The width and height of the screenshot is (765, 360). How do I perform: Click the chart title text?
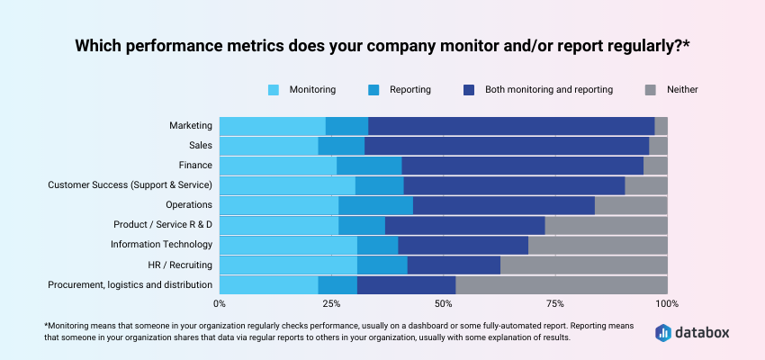pos(382,45)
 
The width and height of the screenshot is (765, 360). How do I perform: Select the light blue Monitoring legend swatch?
pos(274,90)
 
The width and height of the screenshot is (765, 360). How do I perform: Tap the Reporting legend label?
pos(410,90)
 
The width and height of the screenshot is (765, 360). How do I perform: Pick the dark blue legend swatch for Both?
pos(469,90)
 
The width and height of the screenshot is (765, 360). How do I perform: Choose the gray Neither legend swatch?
pos(651,90)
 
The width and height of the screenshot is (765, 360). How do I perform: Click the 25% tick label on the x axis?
pos(331,304)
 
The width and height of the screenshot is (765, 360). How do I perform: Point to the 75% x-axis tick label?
pos(555,304)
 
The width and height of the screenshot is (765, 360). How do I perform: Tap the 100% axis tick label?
pos(667,304)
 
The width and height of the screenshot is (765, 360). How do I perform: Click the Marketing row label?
pos(191,126)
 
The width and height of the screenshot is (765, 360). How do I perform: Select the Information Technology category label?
pos(161,245)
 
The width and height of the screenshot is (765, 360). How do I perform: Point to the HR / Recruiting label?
pos(180,265)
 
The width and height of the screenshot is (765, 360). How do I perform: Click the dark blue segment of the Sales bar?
pos(507,146)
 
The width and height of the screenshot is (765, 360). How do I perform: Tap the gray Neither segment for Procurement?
pos(562,285)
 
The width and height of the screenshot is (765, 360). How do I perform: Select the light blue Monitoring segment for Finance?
pos(278,166)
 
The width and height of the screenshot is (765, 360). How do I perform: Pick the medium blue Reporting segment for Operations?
pos(375,205)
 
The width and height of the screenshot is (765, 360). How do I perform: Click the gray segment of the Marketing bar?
pos(661,126)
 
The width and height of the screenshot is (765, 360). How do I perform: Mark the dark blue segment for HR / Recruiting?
pos(454,265)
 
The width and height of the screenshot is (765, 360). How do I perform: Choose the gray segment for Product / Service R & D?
pos(606,225)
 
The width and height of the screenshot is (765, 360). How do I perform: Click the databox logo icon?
pos(663,332)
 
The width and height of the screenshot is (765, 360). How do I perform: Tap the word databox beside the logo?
pos(703,332)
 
